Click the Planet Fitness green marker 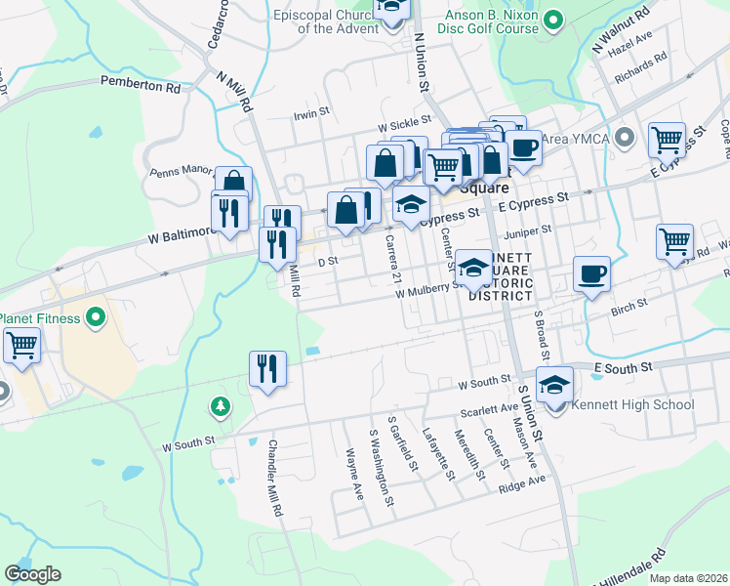point(96,316)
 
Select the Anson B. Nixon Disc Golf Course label point(478,21)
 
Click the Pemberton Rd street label point(141,87)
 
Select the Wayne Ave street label point(354,474)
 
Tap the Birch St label point(628,308)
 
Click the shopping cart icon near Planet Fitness point(21,344)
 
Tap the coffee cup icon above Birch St point(590,273)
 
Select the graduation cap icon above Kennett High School point(554,384)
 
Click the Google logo point(33,573)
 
